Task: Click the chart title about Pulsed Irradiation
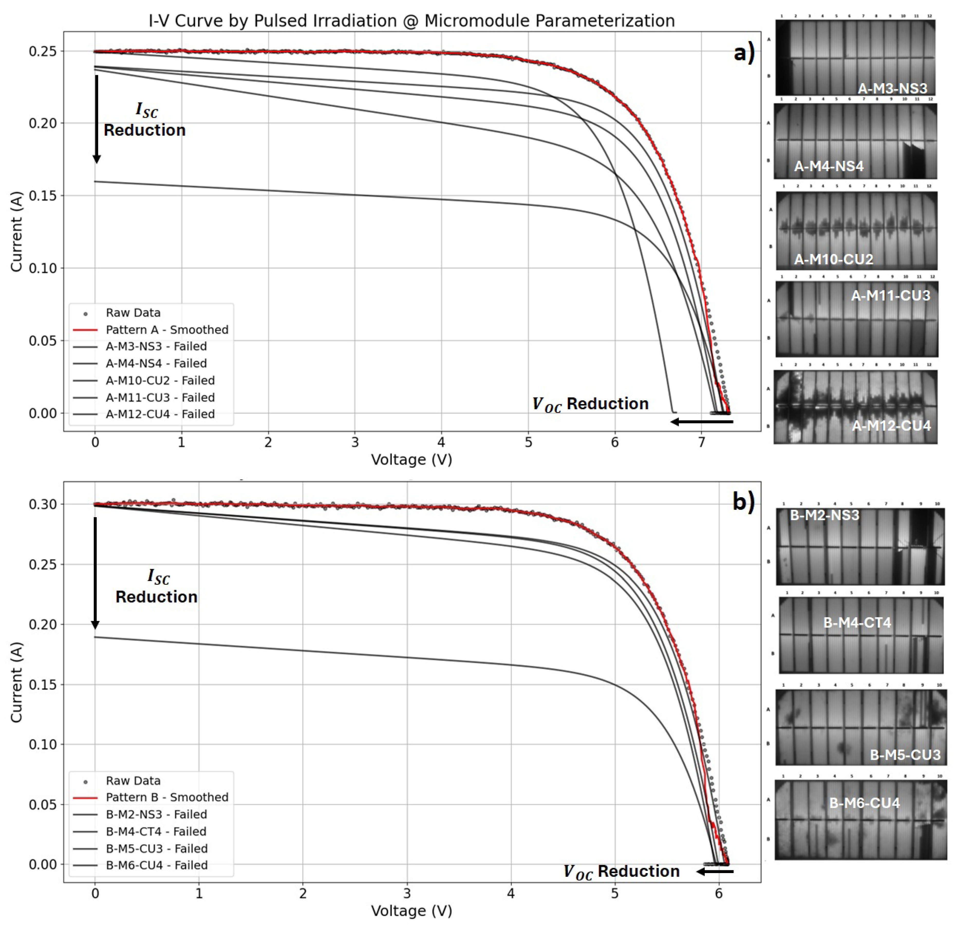pos(411,21)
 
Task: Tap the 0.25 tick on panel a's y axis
pos(43,51)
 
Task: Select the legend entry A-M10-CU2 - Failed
pos(160,380)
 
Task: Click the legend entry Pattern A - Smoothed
pos(167,330)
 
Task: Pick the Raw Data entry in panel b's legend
pos(133,781)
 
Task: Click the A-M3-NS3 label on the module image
pos(892,88)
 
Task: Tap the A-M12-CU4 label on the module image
pos(891,426)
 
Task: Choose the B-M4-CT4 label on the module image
pos(857,623)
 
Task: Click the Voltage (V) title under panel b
pos(411,911)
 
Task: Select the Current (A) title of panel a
pos(17,232)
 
